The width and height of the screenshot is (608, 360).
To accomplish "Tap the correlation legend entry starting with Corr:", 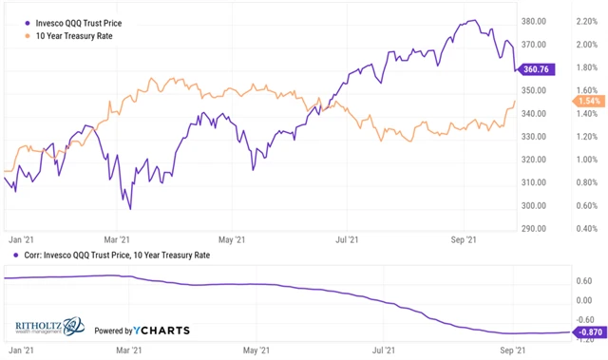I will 112,255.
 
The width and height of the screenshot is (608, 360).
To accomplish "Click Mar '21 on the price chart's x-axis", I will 117,240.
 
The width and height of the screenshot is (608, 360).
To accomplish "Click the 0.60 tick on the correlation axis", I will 586,280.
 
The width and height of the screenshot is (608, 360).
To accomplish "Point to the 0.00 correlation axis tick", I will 586,300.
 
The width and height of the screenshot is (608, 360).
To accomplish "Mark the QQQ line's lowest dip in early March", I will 129,208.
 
